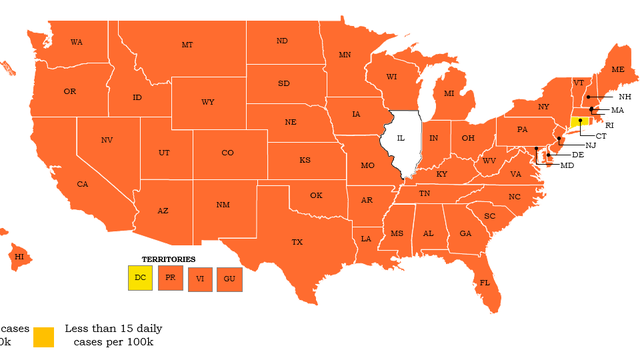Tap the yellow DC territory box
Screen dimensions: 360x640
(x=141, y=277)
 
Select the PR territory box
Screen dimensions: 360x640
(x=171, y=277)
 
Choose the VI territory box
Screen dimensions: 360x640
(x=200, y=277)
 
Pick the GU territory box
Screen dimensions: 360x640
(x=229, y=277)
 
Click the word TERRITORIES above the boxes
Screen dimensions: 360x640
(x=168, y=259)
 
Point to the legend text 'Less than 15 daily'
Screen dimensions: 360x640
(x=113, y=328)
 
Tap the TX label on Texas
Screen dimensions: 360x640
(x=297, y=242)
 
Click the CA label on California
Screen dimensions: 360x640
(x=83, y=184)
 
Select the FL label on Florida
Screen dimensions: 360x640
(x=484, y=282)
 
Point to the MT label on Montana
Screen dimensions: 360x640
(x=187, y=45)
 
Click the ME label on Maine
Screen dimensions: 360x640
(x=617, y=69)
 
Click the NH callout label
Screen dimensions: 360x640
(x=624, y=96)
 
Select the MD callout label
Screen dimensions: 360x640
(x=567, y=165)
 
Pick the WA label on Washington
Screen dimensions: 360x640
(x=76, y=42)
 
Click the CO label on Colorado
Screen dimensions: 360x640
(x=227, y=153)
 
